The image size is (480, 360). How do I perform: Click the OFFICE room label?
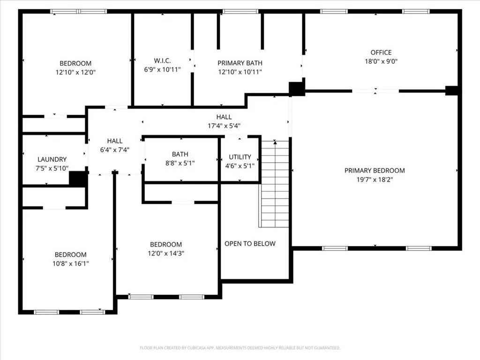click(x=381, y=52)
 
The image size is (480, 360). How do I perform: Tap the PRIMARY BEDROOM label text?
click(x=375, y=171)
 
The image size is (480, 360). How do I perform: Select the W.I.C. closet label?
click(x=162, y=60)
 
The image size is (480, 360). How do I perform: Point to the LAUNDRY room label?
click(x=52, y=159)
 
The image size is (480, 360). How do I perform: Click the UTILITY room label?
click(x=240, y=157)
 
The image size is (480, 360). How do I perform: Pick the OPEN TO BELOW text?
click(x=250, y=244)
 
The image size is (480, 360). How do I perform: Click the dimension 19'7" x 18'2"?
click(x=375, y=180)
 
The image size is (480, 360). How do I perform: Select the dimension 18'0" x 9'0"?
click(x=381, y=61)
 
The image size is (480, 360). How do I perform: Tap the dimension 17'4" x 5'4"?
click(x=224, y=126)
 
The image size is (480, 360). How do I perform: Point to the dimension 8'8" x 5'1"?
click(x=180, y=163)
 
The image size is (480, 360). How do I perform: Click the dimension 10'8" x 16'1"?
click(x=70, y=263)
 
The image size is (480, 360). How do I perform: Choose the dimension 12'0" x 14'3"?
click(x=165, y=254)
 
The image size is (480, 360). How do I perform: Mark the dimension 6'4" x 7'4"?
click(x=115, y=150)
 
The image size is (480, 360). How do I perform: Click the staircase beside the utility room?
click(x=274, y=184)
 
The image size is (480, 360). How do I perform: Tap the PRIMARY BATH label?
click(x=240, y=63)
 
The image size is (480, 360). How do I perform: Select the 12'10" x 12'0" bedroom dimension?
click(x=75, y=72)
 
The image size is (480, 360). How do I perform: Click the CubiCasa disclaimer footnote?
click(x=240, y=348)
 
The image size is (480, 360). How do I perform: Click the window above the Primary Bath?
click(x=240, y=12)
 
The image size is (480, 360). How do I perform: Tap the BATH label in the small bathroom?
click(x=180, y=154)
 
